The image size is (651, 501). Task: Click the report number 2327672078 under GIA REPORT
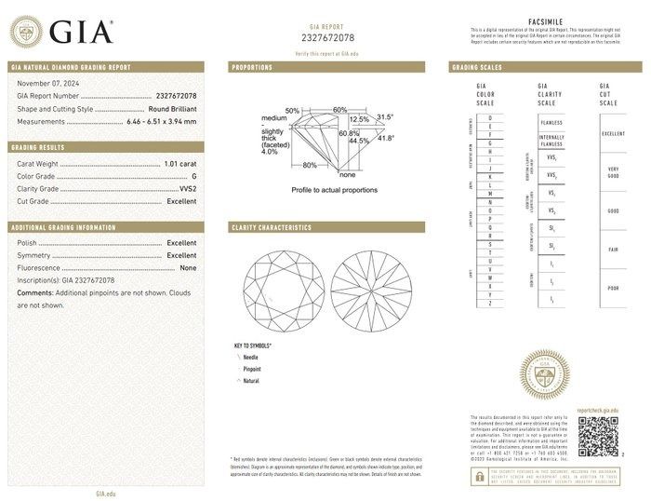[330, 37]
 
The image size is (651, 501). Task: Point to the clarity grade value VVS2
[187, 188]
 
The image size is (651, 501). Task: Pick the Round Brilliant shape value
[166, 108]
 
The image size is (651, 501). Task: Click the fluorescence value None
[188, 267]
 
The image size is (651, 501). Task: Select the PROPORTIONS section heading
[252, 68]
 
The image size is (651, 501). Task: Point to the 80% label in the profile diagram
[310, 165]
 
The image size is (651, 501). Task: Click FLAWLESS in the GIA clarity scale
[551, 121]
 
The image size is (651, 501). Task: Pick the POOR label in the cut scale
[613, 289]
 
